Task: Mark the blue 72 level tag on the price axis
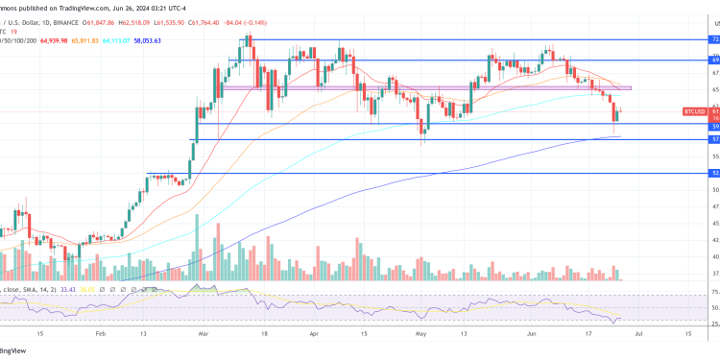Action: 714,39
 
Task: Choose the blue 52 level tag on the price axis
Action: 714,174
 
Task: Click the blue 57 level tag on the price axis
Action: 714,139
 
